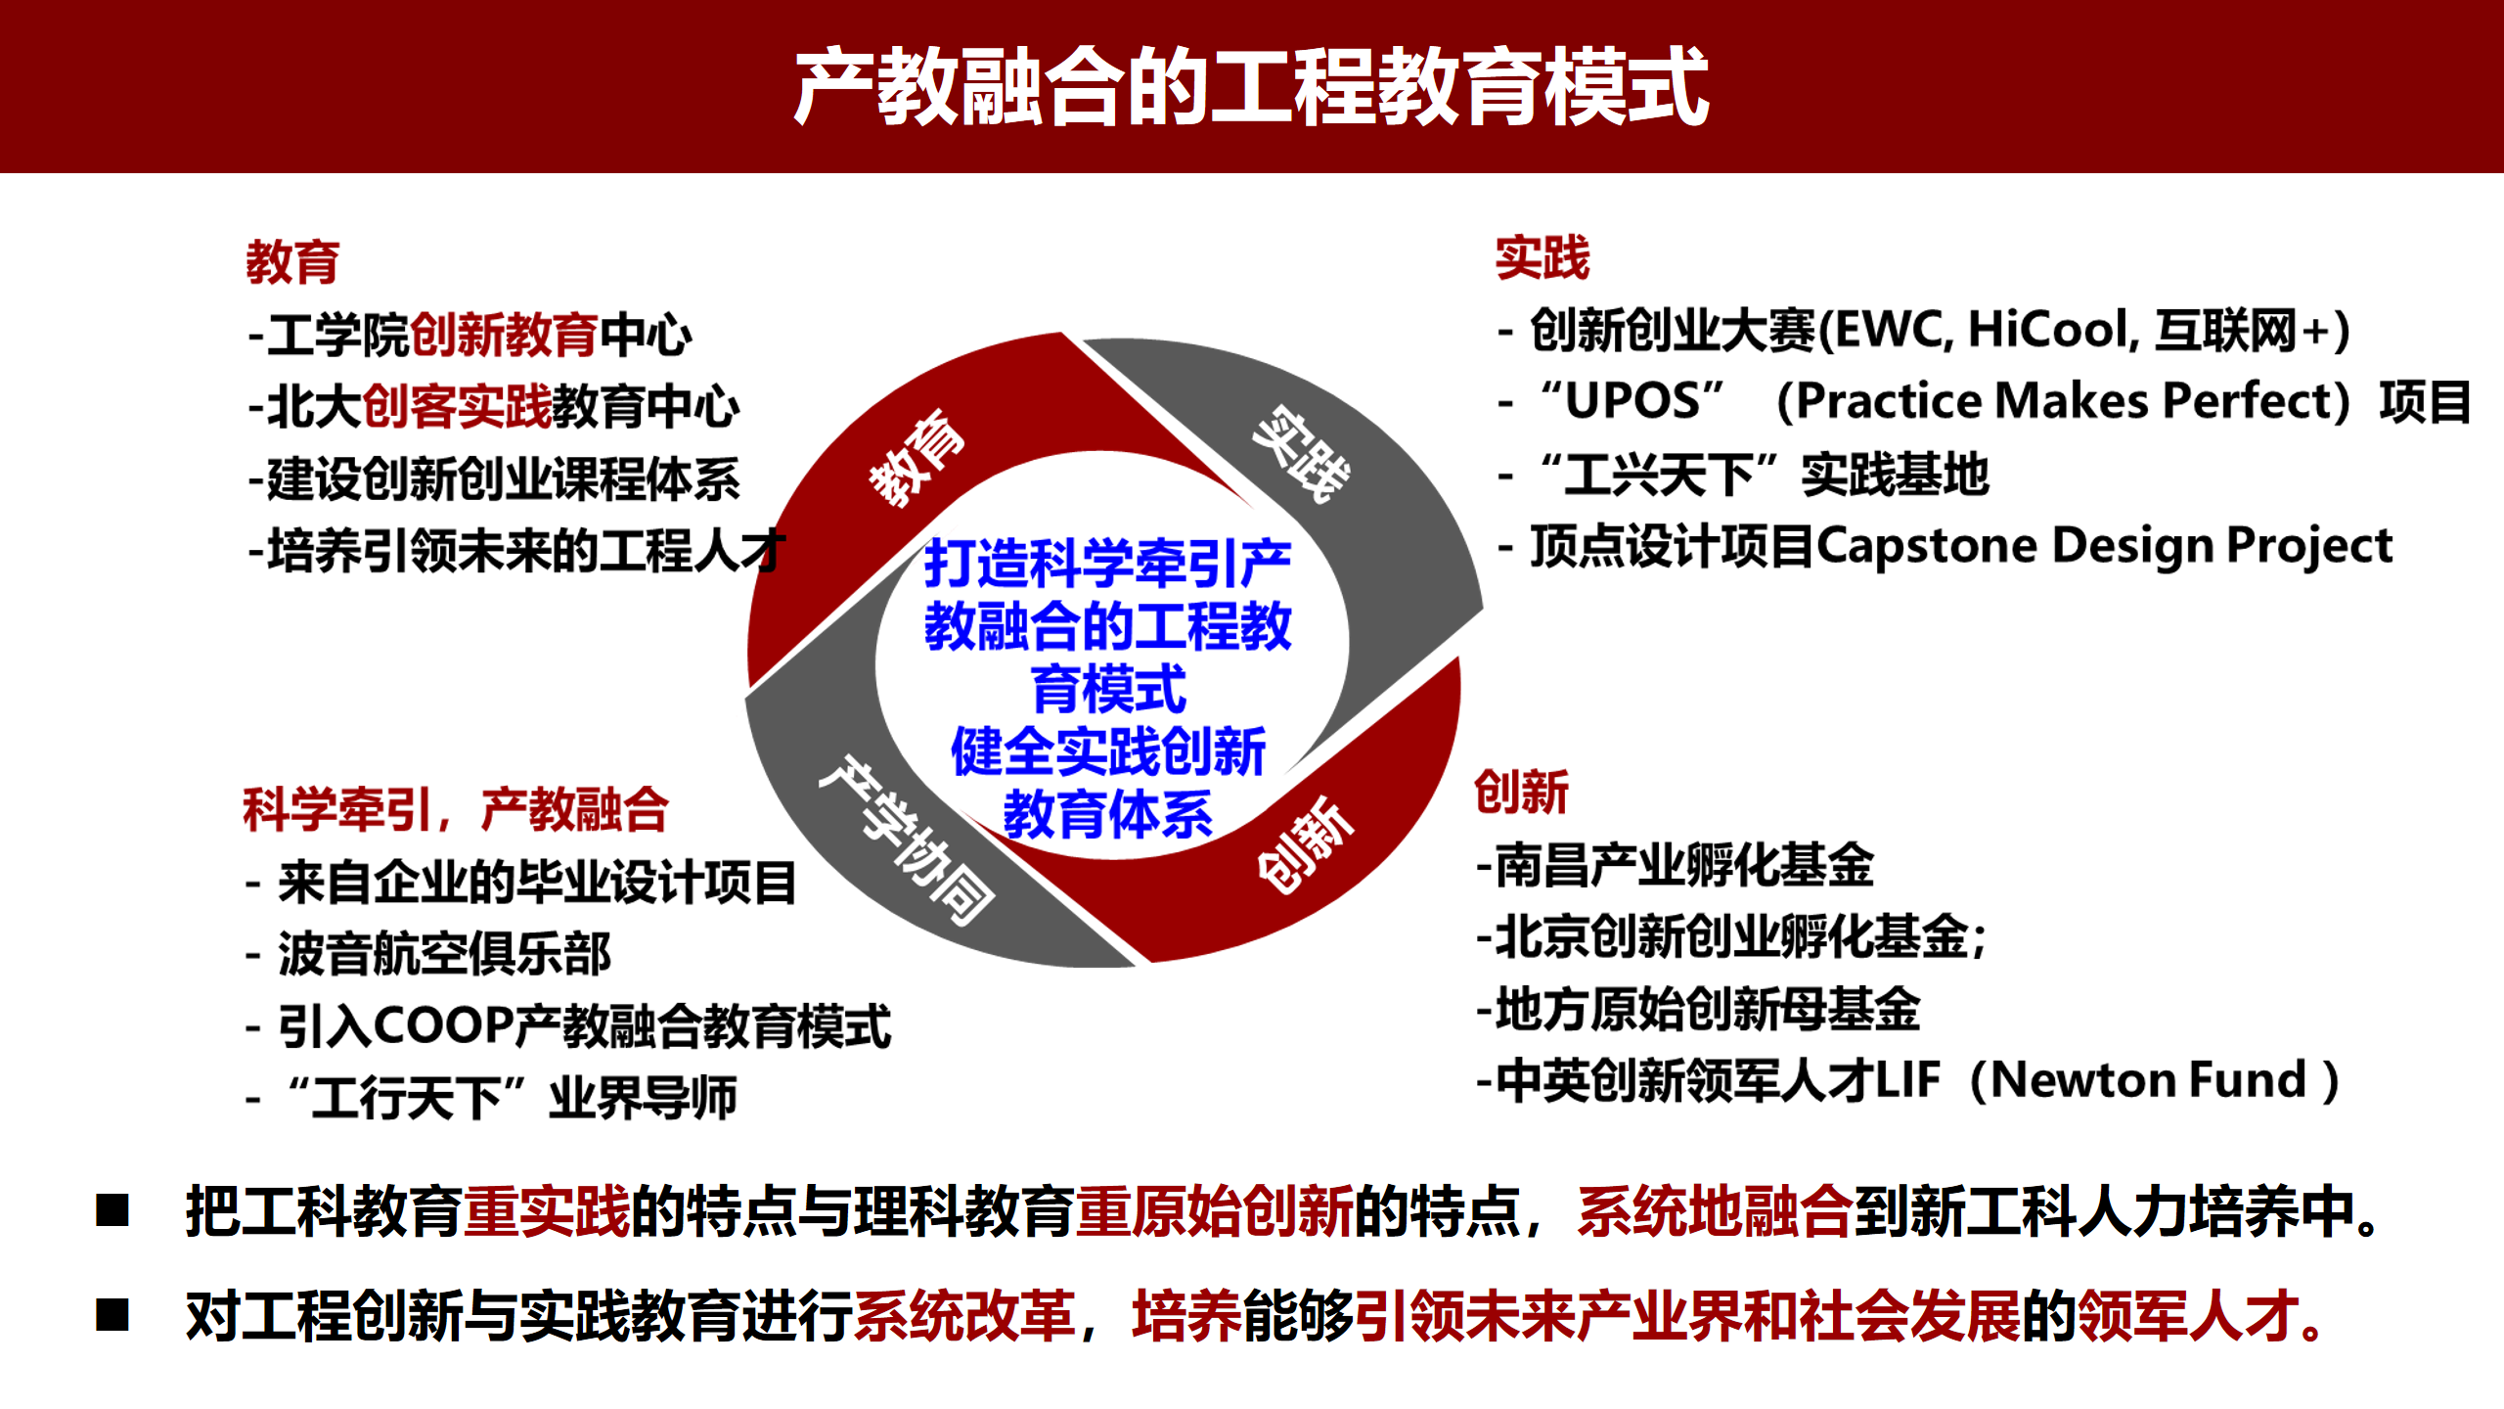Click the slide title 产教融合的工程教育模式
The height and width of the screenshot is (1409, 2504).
(x=1251, y=88)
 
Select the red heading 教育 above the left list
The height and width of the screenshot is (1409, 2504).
(x=291, y=262)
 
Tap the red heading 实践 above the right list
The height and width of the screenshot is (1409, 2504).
(x=1542, y=258)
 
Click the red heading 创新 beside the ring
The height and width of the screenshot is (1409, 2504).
(x=1521, y=792)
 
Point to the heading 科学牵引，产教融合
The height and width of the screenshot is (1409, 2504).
(x=455, y=810)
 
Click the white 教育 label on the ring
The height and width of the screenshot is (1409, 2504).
(x=917, y=458)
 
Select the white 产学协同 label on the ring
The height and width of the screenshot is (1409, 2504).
(x=906, y=840)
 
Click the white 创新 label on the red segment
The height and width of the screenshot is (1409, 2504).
(x=1306, y=845)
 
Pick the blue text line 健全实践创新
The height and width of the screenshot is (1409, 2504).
(x=1108, y=751)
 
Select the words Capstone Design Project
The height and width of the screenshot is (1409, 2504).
(x=2104, y=546)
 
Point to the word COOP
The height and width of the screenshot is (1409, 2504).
(x=445, y=1025)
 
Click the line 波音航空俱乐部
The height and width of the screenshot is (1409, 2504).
(x=445, y=954)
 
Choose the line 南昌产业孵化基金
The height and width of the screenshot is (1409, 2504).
(x=1683, y=865)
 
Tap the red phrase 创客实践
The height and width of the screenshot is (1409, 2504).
(x=457, y=406)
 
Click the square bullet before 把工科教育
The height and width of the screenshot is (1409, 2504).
(x=112, y=1210)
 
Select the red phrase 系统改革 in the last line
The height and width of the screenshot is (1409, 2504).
(x=964, y=1316)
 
